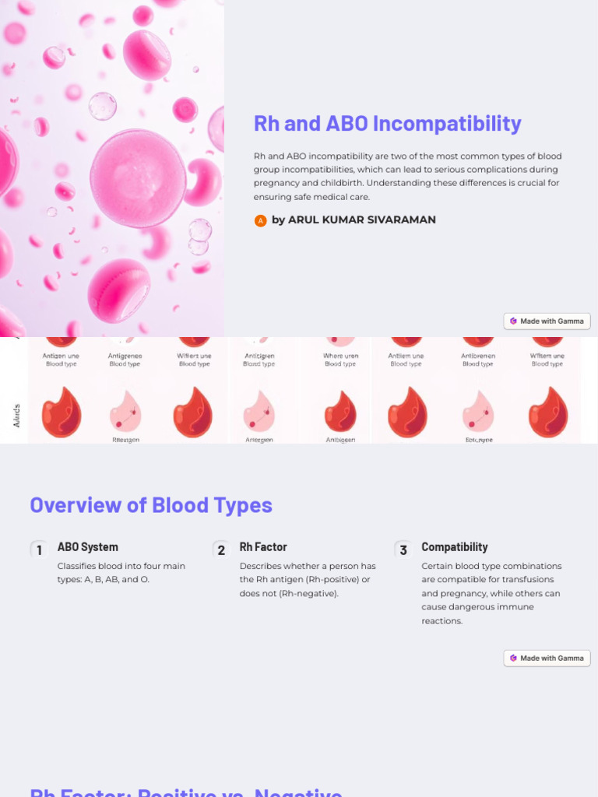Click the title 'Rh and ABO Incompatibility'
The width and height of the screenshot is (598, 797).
(387, 124)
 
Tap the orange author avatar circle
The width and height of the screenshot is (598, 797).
(261, 221)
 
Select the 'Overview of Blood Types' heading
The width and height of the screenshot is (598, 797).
(151, 505)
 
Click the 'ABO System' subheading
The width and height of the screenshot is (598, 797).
(88, 547)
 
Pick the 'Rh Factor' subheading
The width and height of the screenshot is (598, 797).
(263, 547)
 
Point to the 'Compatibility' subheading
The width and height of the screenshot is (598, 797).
(455, 547)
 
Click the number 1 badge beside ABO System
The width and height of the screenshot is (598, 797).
(39, 550)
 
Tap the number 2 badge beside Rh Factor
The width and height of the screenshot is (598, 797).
(221, 550)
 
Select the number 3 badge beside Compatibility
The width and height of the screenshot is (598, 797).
(403, 550)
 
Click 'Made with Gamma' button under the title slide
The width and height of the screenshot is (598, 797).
(547, 321)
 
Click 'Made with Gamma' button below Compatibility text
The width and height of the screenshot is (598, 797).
(547, 658)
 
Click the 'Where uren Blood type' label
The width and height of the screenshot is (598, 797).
(340, 360)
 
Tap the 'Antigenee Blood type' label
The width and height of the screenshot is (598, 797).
(125, 360)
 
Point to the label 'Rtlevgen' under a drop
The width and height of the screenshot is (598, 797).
(125, 440)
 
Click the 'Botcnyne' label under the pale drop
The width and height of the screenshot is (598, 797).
(479, 440)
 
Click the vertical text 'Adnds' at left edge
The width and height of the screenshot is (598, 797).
(16, 415)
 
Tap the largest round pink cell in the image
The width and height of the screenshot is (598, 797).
(139, 178)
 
